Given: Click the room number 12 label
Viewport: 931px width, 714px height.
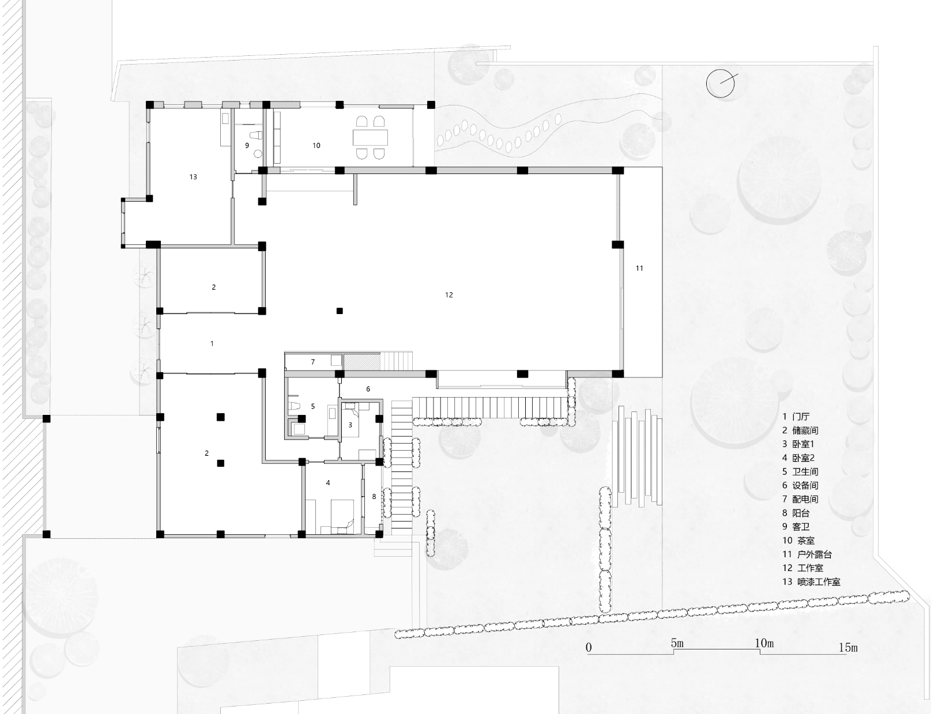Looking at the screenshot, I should point(448,295).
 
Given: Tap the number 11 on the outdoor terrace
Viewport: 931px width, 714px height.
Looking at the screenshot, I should point(639,268).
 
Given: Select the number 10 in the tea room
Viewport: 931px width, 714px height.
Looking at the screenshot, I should point(316,146).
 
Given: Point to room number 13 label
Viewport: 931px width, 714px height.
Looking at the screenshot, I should point(193,177).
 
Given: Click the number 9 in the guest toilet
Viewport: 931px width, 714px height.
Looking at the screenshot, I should point(247,146).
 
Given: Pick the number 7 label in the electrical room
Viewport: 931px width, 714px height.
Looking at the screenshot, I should point(313,362).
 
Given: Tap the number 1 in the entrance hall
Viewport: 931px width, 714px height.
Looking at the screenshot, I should point(212,343).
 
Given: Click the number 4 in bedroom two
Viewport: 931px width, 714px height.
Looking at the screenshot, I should point(328,483).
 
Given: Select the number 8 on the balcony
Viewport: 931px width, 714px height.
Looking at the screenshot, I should point(374,496).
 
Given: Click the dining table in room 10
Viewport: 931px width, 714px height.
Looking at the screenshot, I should point(370,138).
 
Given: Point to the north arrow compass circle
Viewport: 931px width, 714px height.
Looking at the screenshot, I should point(721,84).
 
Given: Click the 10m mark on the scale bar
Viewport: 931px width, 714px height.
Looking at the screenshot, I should point(764,643).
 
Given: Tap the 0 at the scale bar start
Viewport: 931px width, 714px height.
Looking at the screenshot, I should point(589,647).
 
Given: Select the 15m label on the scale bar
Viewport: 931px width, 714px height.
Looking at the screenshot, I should point(847,647).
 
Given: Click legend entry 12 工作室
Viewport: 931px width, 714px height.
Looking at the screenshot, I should point(802,568).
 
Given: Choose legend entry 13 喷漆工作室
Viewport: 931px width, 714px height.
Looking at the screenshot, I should point(811,582).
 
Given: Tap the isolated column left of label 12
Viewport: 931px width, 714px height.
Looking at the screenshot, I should point(340,311).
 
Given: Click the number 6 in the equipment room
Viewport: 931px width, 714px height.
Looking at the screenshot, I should point(368,389).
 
